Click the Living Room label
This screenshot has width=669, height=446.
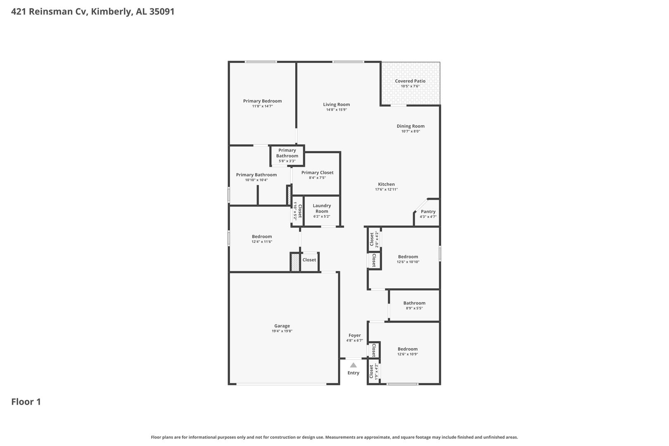[x=336, y=104]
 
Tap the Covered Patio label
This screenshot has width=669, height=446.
[x=410, y=81]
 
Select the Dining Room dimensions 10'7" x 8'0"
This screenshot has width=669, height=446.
[x=410, y=131]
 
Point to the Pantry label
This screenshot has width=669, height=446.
[x=428, y=211]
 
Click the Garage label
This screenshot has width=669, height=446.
[x=282, y=326]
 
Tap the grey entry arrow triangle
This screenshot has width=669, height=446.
[x=353, y=365]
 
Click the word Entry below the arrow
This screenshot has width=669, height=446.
[x=353, y=373]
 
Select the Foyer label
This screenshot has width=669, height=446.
[x=354, y=335]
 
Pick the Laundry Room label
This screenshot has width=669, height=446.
[x=322, y=208]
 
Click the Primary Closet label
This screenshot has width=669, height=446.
[x=317, y=172]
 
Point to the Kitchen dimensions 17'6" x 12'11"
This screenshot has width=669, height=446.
[x=387, y=190]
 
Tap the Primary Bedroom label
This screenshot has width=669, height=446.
[x=262, y=101]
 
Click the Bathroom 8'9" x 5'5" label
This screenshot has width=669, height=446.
[x=414, y=303]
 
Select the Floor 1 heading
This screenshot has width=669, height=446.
[x=26, y=402]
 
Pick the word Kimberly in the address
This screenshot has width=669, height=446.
[x=111, y=12]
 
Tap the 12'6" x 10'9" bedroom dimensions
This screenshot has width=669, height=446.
[x=408, y=354]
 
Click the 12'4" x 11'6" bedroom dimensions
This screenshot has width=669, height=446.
[x=262, y=242]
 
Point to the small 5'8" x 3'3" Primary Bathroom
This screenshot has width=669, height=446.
[x=287, y=155]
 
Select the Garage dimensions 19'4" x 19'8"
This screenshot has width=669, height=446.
[x=282, y=331]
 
